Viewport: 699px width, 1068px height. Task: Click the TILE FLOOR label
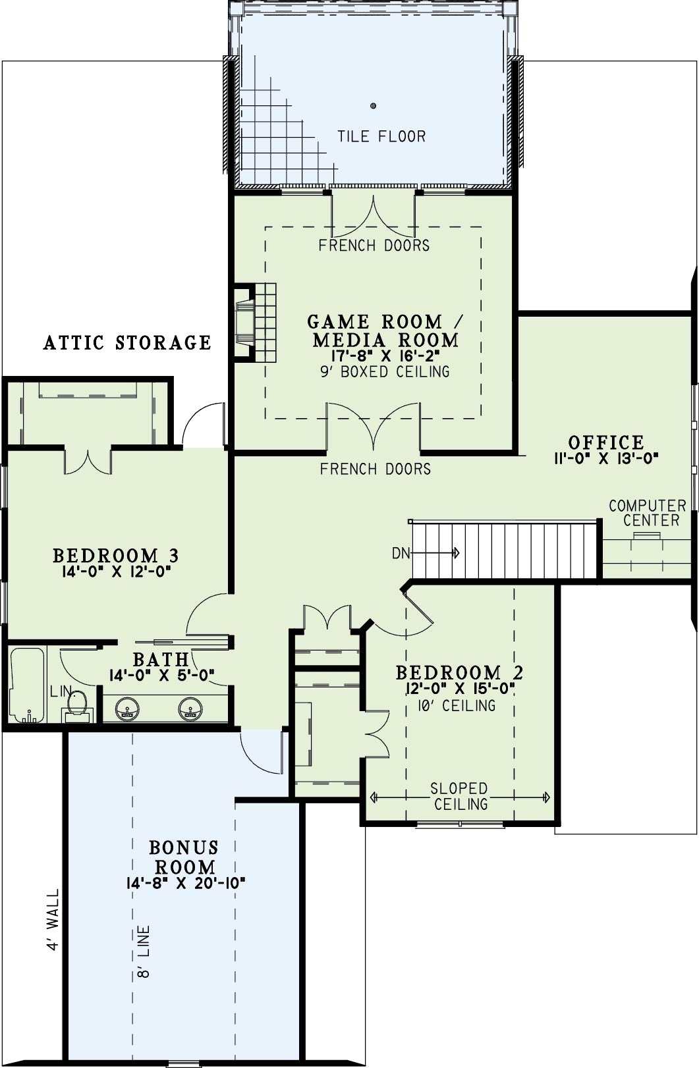(381, 136)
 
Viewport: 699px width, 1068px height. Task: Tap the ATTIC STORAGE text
(127, 342)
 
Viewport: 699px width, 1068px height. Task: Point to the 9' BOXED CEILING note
(385, 371)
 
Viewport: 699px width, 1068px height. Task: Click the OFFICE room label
(606, 442)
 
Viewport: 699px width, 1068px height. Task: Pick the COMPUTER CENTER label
(648, 513)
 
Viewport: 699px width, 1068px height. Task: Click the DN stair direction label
(401, 553)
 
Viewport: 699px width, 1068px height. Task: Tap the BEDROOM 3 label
(115, 556)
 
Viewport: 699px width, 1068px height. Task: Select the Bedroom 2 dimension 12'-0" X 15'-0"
(459, 689)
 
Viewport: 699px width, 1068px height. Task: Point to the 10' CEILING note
(457, 705)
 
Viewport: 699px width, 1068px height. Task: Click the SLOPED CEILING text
(459, 796)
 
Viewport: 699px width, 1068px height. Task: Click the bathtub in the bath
(27, 685)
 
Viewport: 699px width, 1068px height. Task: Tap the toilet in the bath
(76, 708)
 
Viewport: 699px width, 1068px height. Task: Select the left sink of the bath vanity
(127, 709)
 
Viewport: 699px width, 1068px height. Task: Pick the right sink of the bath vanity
(190, 709)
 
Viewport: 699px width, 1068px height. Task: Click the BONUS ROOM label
(184, 857)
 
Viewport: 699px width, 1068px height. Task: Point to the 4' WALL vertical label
(53, 919)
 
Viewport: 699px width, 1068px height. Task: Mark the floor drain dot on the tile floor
(373, 106)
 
